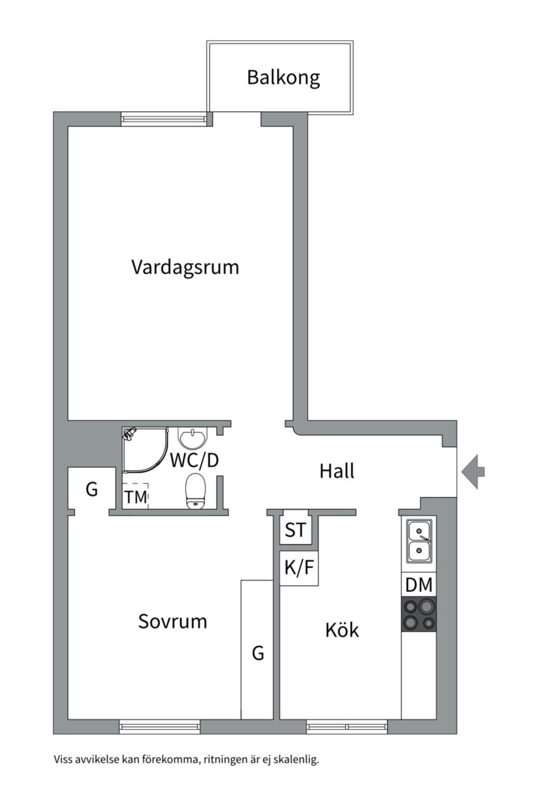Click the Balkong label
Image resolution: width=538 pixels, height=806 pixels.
283,77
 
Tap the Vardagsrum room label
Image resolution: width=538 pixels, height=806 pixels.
185,267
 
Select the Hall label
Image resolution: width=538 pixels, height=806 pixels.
336,471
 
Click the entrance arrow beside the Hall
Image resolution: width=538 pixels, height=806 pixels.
473,471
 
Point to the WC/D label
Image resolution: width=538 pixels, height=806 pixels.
194,460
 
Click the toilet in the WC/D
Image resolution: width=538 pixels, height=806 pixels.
195,491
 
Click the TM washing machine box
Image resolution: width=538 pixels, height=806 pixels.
136,497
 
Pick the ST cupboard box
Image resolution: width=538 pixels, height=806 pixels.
295,531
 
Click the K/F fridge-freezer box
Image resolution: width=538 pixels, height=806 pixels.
299,569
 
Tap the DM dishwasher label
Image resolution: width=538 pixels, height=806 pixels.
418,584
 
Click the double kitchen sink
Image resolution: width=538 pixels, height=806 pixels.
418,542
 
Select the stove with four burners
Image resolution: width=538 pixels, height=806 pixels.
418,614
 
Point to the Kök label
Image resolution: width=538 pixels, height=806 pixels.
341,630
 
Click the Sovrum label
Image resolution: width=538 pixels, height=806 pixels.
173,621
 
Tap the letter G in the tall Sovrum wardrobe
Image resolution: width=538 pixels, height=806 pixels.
258,654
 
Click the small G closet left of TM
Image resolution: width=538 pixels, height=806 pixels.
92,490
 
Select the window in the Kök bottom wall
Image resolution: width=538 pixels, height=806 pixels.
347,725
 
